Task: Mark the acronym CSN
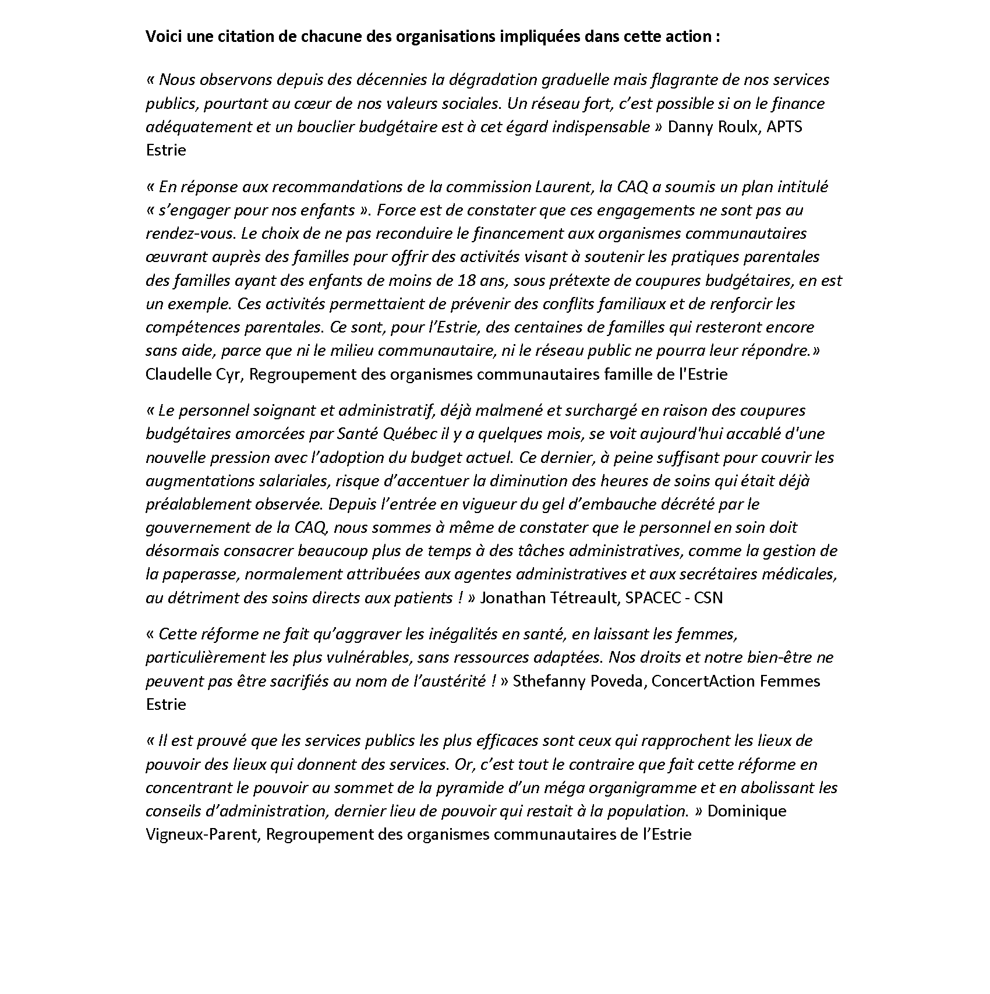click(x=708, y=598)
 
